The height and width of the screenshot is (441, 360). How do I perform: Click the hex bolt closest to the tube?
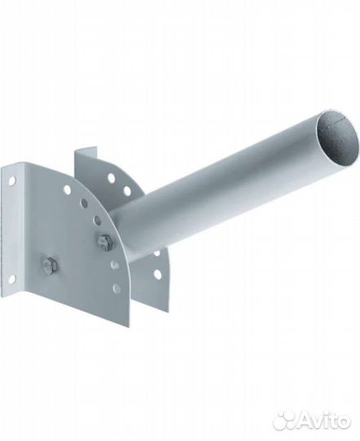104,241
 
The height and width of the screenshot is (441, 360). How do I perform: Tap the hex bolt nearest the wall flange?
50,265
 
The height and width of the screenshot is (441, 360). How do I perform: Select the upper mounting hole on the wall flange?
11,180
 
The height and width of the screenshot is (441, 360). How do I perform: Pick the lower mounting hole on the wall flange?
11,279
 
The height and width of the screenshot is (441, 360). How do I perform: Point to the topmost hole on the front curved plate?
67,189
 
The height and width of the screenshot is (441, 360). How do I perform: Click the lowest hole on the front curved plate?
116,287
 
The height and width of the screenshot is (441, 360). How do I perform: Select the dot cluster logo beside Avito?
286,421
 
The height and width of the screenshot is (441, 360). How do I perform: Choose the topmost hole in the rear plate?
111,178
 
